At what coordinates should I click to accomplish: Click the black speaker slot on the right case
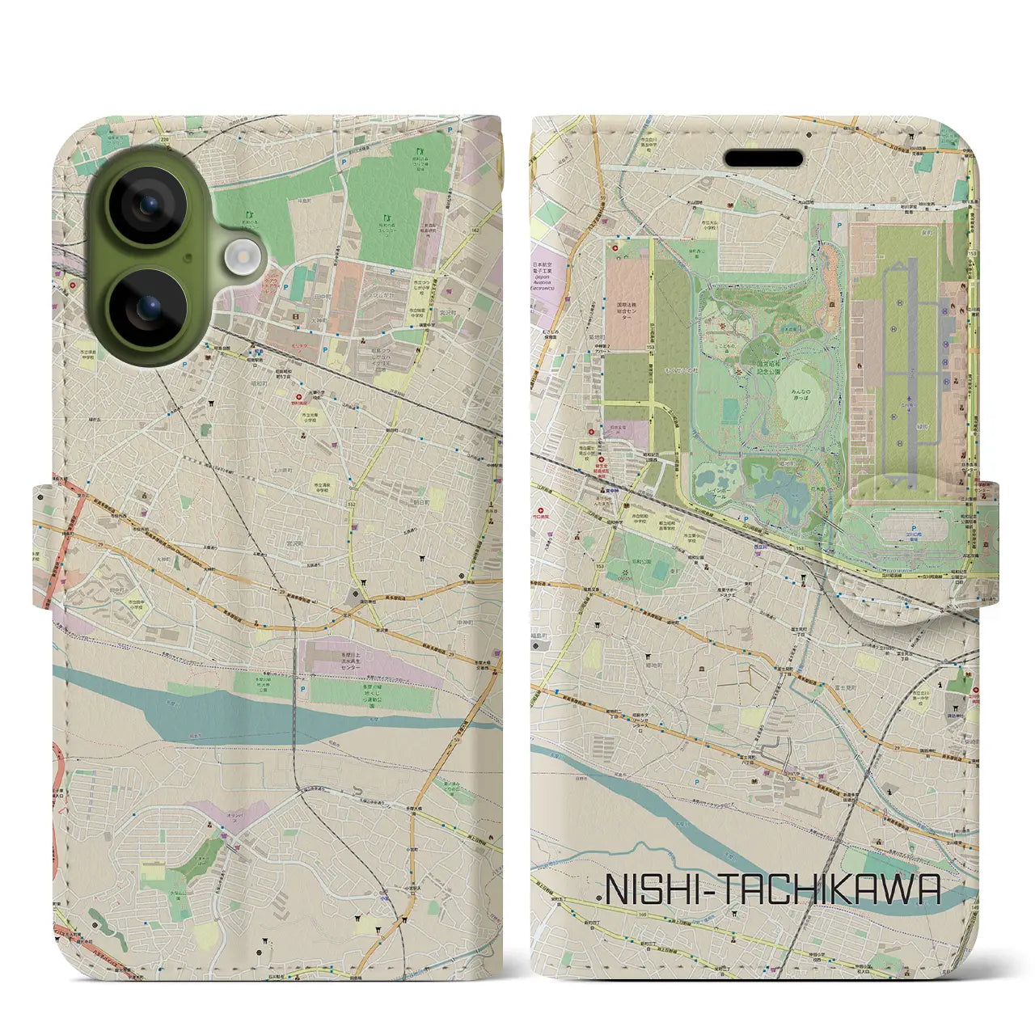click(763, 158)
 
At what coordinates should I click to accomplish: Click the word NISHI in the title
click(654, 891)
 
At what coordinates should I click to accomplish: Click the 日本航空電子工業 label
click(547, 275)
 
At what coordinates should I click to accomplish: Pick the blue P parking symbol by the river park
click(303, 690)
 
